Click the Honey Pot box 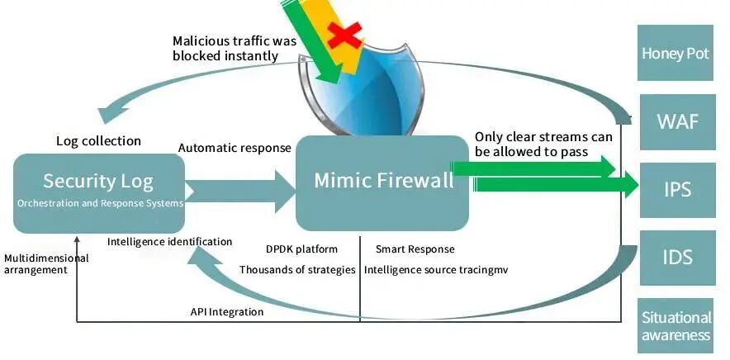(675, 54)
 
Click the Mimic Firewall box (382, 182)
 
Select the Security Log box (98, 191)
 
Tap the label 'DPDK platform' (301, 249)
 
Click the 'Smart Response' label (415, 249)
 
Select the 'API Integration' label (226, 312)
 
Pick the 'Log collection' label (98, 141)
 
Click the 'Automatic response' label (235, 149)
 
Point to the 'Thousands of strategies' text (297, 269)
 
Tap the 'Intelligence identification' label (169, 242)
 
